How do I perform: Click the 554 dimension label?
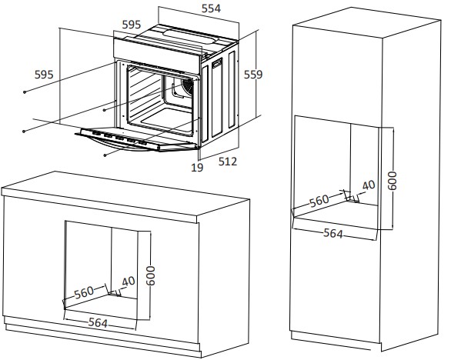[x=211, y=8]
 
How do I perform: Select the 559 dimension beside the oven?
[x=253, y=75]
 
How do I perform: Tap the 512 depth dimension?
[x=228, y=162]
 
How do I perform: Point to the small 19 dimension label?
[x=197, y=168]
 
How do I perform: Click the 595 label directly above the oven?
[x=132, y=25]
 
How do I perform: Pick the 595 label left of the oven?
[x=44, y=75]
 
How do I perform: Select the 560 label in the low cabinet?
[x=84, y=292]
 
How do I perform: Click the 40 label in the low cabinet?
[x=129, y=282]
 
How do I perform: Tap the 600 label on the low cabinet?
[x=150, y=275]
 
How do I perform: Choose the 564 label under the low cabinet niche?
[x=98, y=322]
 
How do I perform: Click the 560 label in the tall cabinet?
[x=319, y=201]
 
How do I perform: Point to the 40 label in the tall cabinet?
[x=369, y=185]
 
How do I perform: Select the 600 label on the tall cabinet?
[x=392, y=181]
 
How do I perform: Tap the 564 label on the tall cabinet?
[x=333, y=233]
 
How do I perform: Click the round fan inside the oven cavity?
[x=188, y=85]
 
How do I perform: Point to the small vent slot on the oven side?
[x=217, y=62]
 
